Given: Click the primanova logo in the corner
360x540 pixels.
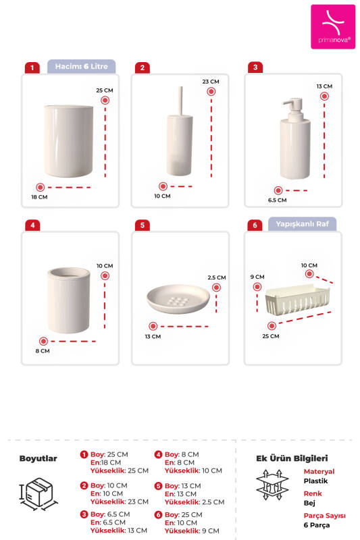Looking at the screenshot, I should [332, 26].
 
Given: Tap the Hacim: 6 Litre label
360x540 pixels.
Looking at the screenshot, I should [82, 66].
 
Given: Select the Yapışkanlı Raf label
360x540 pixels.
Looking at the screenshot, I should [302, 223].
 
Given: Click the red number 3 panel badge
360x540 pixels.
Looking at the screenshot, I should [254, 67].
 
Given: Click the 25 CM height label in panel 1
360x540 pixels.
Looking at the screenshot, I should [104, 90].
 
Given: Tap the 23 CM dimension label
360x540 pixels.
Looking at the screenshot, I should [210, 81].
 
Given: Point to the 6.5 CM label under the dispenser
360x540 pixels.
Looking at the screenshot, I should [277, 200].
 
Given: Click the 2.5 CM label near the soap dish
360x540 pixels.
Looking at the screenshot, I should [217, 277].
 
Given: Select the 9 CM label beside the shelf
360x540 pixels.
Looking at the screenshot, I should [257, 277].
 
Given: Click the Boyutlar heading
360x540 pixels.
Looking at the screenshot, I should [38, 458].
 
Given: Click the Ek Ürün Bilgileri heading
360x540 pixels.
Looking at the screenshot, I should [291, 458].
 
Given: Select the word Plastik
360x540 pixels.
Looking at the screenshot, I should [315, 481].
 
